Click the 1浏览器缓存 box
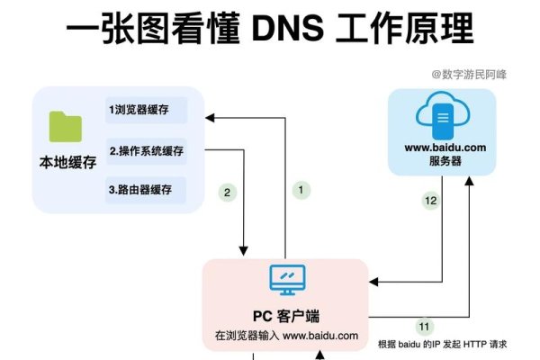147,110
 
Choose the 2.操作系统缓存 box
147,150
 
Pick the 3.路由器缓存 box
147,190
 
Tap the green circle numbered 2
229,192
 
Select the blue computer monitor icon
287,280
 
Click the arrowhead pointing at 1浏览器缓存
209,116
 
